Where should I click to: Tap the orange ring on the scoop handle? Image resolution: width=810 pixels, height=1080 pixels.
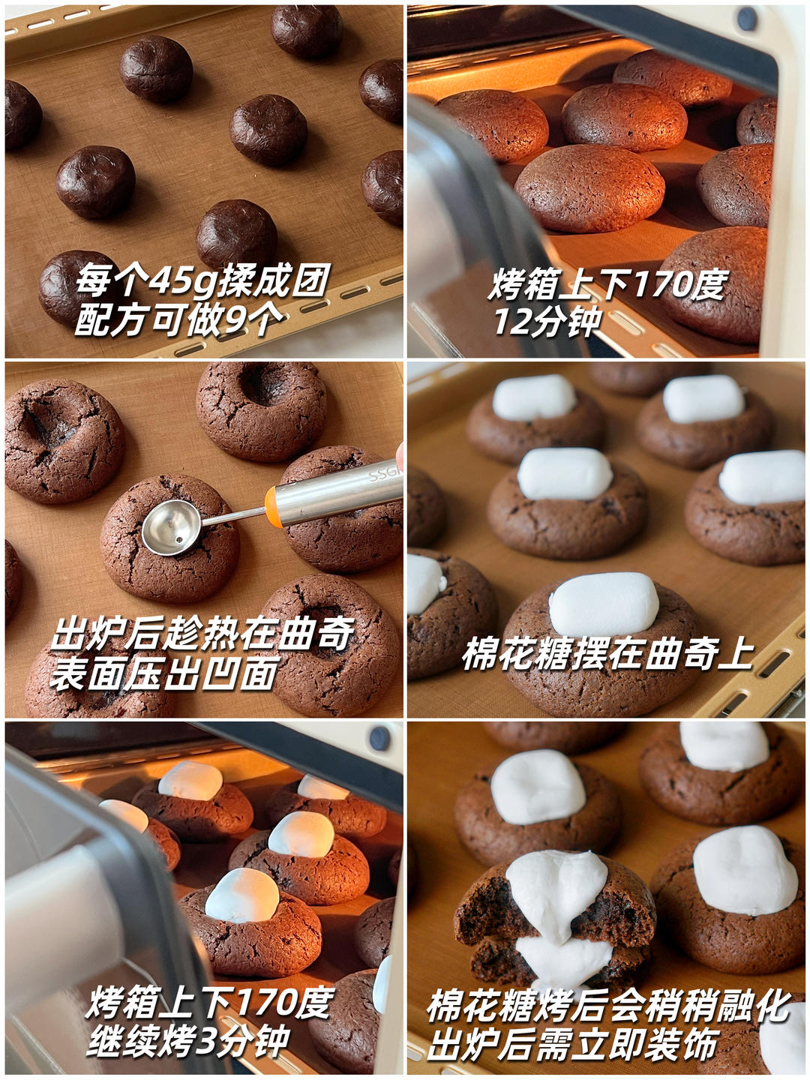click(x=274, y=506)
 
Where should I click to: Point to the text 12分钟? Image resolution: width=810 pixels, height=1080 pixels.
click(x=547, y=322)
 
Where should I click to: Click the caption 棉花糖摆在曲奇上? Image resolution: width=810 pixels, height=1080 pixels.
click(x=607, y=654)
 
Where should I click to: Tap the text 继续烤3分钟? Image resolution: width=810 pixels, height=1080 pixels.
click(x=187, y=1040)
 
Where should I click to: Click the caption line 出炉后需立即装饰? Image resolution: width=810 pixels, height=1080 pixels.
click(x=573, y=1045)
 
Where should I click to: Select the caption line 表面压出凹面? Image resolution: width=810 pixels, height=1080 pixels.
click(x=165, y=673)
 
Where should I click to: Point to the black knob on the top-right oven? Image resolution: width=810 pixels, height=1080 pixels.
click(x=745, y=19)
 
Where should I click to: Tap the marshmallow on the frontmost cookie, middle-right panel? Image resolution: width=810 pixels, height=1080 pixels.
click(x=604, y=604)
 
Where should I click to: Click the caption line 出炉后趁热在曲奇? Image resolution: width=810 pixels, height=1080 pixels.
click(x=202, y=634)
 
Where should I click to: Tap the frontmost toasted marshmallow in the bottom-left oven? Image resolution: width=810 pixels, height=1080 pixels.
click(x=241, y=895)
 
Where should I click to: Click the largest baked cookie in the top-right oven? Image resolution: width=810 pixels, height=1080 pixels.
click(x=590, y=187)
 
